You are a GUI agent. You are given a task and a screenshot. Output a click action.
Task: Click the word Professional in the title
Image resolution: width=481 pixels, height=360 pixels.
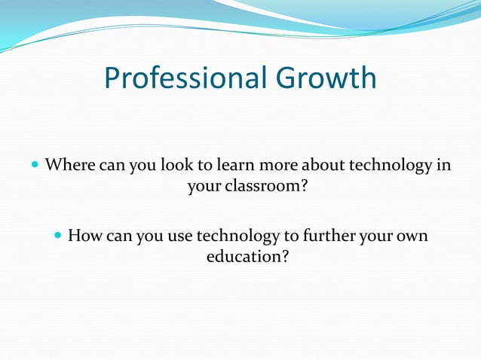pyautogui.click(x=188, y=78)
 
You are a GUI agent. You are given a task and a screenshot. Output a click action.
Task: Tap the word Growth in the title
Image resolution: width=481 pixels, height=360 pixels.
pyautogui.click(x=327, y=78)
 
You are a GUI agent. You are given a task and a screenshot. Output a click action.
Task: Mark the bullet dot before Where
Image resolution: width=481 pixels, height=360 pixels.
pyautogui.click(x=35, y=164)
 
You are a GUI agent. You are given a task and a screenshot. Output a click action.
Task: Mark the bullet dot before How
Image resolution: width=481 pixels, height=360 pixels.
pyautogui.click(x=58, y=236)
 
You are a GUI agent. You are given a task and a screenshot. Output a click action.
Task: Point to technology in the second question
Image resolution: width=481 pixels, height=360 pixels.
pyautogui.click(x=237, y=236)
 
